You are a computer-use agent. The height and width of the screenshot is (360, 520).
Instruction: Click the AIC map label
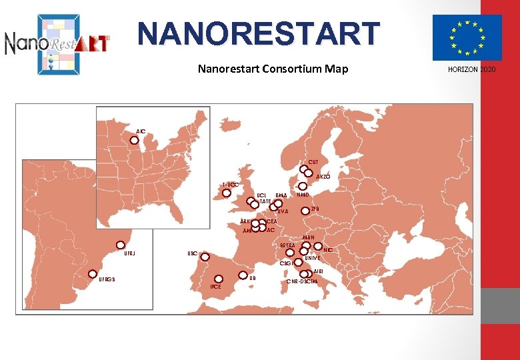click(141, 131)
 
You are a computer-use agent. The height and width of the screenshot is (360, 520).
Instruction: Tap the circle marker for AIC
click(134, 141)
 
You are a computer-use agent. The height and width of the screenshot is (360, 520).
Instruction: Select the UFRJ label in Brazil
click(131, 253)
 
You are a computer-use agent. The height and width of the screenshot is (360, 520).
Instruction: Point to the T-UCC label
click(231, 184)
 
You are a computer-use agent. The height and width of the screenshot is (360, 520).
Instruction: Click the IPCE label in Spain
click(216, 287)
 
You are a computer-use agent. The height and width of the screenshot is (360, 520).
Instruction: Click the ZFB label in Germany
click(315, 209)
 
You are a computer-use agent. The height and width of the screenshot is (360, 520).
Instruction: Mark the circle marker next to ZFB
click(305, 211)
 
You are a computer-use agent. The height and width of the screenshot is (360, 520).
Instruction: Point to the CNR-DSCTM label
click(302, 282)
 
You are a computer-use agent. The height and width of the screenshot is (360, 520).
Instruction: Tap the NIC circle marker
click(318, 245)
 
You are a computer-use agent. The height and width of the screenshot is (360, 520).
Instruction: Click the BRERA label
click(288, 245)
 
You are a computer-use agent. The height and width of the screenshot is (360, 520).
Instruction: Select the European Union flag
click(467, 37)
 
